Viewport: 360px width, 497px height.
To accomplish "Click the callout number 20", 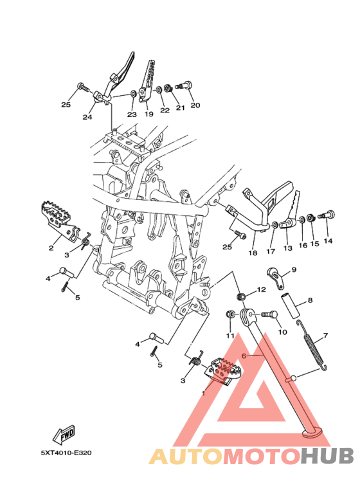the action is [195, 105].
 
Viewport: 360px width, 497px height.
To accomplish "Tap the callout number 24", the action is [87, 117].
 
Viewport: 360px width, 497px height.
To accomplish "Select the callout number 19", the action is [149, 114].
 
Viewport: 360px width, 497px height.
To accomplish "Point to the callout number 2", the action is [51, 248].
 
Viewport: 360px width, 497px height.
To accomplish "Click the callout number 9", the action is [294, 269].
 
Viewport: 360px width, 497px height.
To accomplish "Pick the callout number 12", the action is [262, 289].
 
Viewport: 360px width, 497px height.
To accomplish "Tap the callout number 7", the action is [325, 336].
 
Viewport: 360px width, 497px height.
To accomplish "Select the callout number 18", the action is [253, 253].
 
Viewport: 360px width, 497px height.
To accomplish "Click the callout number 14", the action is [328, 241].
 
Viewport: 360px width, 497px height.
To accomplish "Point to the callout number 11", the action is [230, 336].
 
